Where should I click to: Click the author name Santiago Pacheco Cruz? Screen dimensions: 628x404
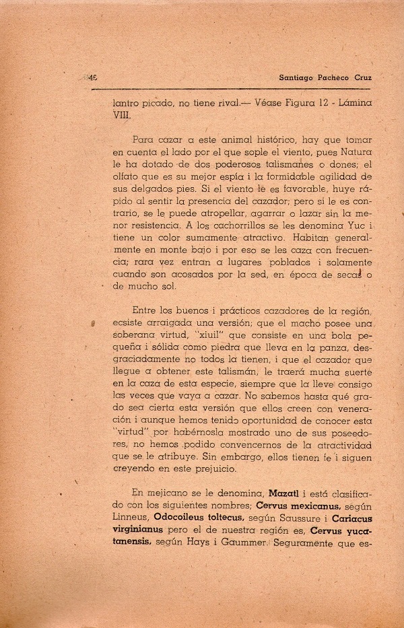tap(325, 77)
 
